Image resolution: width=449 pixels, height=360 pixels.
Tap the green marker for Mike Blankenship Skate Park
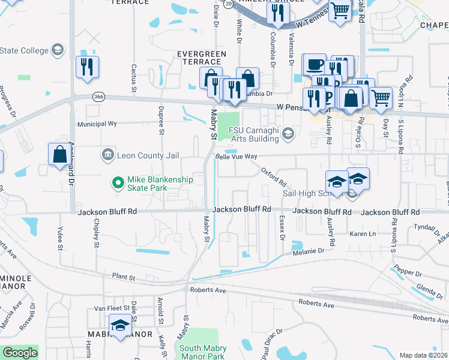(x=117, y=180)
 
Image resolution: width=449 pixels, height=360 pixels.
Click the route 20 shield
(x=228, y=4)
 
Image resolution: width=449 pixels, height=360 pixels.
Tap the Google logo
(x=20, y=353)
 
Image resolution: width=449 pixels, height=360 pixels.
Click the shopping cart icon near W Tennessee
(x=340, y=11)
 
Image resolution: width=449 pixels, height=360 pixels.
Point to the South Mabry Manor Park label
(x=202, y=352)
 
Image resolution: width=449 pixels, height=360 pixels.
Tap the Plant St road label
(x=124, y=276)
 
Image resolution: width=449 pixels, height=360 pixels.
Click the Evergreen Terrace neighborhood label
(x=201, y=58)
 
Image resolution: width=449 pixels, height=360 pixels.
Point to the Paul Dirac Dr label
(x=272, y=345)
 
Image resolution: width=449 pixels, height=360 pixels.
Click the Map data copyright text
(x=424, y=355)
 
